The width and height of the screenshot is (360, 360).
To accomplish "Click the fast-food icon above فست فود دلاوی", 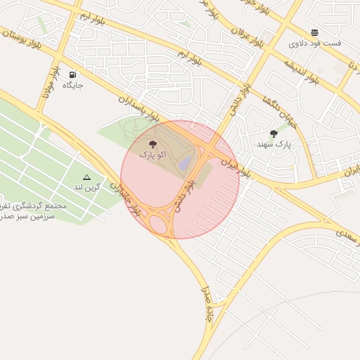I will pyautogui.click(x=314, y=32).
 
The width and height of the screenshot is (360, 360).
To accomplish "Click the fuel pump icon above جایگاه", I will pyautogui.click(x=73, y=74).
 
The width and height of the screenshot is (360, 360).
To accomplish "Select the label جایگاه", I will pyautogui.click(x=73, y=85).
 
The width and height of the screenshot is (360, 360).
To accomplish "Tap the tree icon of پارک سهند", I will pyautogui.click(x=274, y=133).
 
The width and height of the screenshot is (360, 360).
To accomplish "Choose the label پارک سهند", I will pyautogui.click(x=274, y=144).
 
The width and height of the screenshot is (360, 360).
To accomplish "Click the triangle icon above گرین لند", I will pyautogui.click(x=87, y=177).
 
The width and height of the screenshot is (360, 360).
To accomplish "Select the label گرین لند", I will pyautogui.click(x=87, y=188).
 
